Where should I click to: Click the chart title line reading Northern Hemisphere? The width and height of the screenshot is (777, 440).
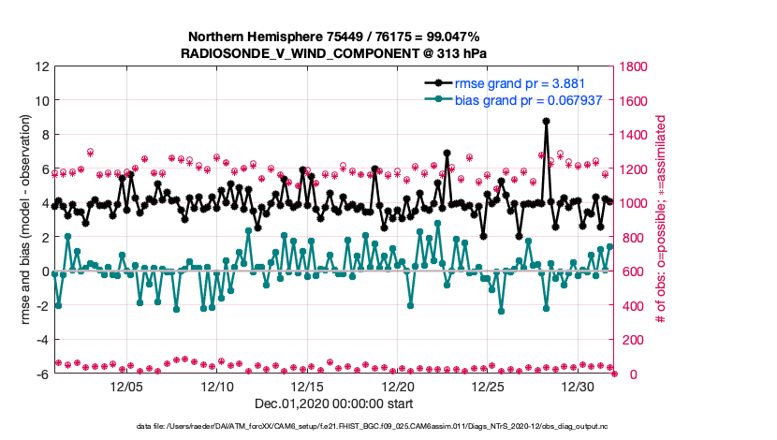[333, 37]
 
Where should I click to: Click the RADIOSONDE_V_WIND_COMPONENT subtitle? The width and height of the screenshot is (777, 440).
[333, 53]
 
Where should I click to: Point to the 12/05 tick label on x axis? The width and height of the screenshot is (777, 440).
[126, 387]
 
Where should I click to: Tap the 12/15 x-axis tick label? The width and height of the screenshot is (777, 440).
[308, 387]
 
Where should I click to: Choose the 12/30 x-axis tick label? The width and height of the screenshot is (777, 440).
[580, 387]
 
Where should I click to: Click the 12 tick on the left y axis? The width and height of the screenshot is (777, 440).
[42, 66]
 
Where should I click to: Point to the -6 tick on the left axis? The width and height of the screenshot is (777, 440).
[42, 374]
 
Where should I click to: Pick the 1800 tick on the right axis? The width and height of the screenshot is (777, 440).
[636, 66]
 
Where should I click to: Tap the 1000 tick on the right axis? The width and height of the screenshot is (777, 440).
[636, 203]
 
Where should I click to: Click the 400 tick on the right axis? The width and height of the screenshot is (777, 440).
[633, 306]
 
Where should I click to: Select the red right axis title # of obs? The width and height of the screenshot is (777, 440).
[662, 220]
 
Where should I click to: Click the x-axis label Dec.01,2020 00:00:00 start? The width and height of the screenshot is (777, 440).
[333, 404]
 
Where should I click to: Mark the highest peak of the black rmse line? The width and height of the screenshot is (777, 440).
[546, 121]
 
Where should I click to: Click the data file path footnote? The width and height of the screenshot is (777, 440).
[334, 427]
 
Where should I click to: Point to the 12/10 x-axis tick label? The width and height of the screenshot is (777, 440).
[217, 387]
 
